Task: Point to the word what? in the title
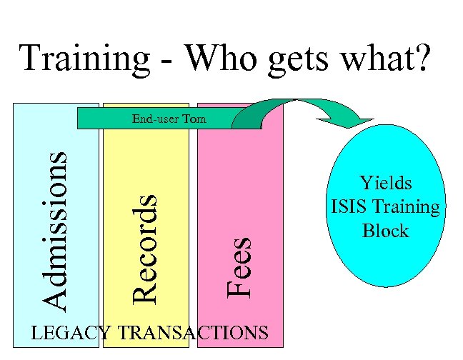389,59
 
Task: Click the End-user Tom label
169,119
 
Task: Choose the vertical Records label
145,246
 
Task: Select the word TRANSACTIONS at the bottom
193,332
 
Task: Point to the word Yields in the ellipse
386,183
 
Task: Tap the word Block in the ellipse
385,231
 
